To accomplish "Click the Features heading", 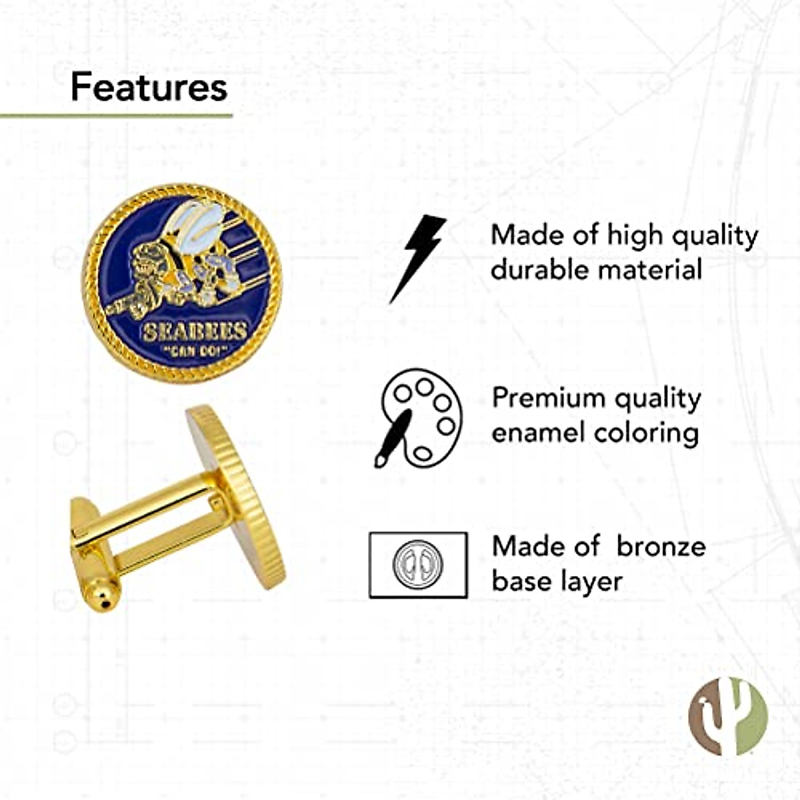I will (x=149, y=87).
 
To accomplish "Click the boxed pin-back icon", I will (x=418, y=565).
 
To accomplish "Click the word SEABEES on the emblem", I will (x=195, y=331).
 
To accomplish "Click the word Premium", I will (x=548, y=399).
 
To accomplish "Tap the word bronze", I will (x=661, y=546).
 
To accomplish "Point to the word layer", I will (x=591, y=581).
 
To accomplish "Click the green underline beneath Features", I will (x=117, y=116).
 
